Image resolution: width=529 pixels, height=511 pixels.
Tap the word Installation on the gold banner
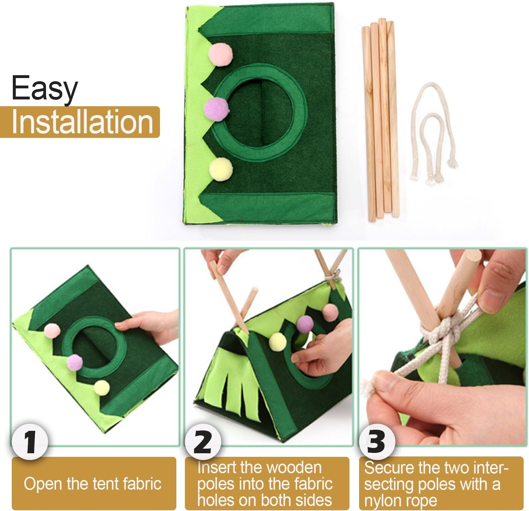[82, 122]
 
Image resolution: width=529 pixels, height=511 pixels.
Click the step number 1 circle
[30, 442]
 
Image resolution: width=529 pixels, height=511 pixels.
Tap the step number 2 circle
[203, 442]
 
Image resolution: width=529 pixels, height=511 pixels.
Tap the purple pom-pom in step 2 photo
[305, 324]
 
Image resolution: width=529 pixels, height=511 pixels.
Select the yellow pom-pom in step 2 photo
[278, 342]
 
